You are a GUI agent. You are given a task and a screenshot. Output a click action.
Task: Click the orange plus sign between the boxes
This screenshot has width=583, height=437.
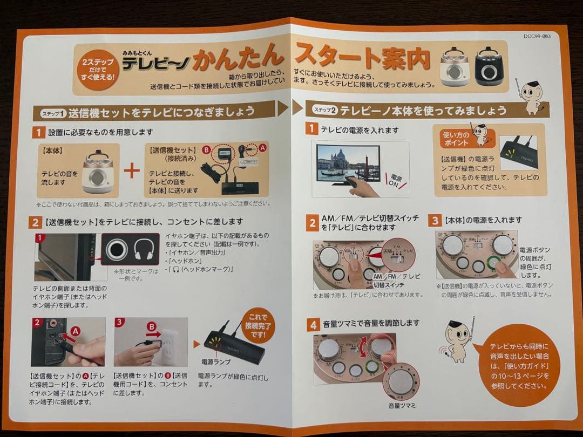point(132,171)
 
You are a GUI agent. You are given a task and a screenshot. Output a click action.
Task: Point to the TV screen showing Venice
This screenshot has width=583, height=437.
point(348,162)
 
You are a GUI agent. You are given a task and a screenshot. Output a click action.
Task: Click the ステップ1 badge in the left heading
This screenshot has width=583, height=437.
point(50,113)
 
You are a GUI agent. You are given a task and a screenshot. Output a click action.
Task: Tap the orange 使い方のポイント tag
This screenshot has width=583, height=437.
point(456,139)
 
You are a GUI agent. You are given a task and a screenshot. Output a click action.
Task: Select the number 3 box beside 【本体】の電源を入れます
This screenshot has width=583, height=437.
point(435,220)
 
